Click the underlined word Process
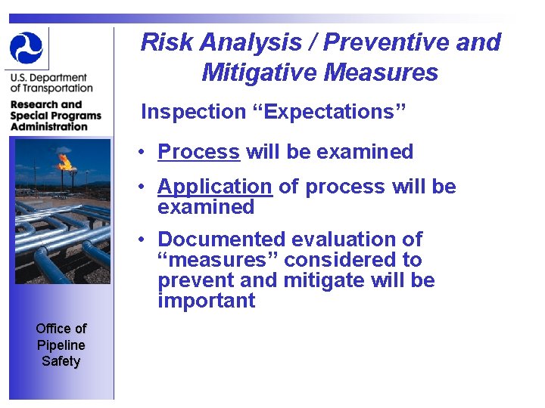click(x=198, y=152)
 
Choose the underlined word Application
click(x=214, y=187)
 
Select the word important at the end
click(x=206, y=301)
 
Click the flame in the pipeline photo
click(x=66, y=161)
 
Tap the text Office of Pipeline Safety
click(x=61, y=345)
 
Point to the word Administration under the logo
click(x=49, y=126)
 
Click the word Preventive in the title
click(x=387, y=42)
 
